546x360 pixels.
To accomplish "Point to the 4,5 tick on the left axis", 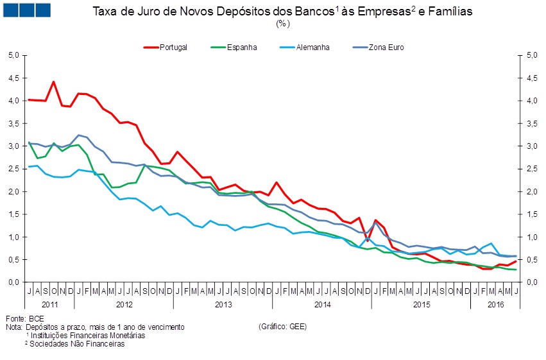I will (13, 78).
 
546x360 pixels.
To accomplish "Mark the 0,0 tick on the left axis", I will (13, 282).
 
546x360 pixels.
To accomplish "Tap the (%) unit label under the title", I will (283, 24).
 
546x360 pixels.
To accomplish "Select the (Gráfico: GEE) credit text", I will (282, 327).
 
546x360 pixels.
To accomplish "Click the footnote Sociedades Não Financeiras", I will (78, 343).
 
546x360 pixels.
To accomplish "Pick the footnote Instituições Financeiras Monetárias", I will (88, 335).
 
